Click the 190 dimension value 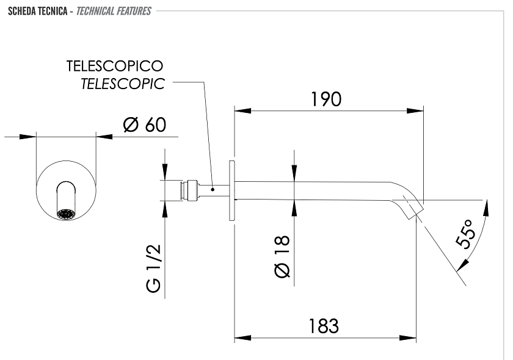326,99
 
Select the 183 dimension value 324,326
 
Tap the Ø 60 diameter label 145,124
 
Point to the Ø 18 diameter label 282,256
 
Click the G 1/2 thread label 153,268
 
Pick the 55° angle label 465,234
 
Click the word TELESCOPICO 115,66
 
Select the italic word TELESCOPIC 123,84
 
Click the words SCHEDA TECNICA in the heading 38,11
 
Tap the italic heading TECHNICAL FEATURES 114,11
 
